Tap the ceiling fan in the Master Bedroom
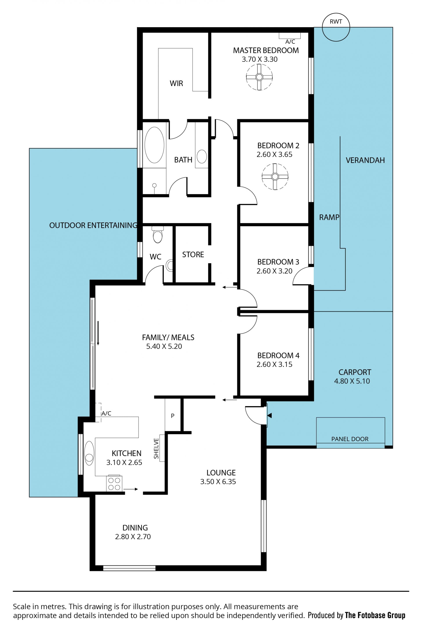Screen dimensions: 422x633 [259, 77]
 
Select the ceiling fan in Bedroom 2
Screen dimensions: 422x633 [275, 177]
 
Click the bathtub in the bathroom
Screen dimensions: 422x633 [154, 145]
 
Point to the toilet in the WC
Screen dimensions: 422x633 [157, 234]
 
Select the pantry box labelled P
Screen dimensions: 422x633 [173, 416]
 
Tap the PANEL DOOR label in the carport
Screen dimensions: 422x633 [350, 439]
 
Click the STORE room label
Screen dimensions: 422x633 [193, 255]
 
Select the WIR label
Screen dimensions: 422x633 [176, 83]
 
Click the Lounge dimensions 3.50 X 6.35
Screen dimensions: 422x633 [218, 482]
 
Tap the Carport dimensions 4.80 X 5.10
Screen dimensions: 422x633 [352, 381]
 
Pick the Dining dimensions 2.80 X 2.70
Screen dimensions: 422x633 [133, 536]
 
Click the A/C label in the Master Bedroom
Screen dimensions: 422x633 [290, 42]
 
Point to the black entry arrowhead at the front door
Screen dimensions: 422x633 [269, 416]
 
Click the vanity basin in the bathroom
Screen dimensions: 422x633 [202, 157]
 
